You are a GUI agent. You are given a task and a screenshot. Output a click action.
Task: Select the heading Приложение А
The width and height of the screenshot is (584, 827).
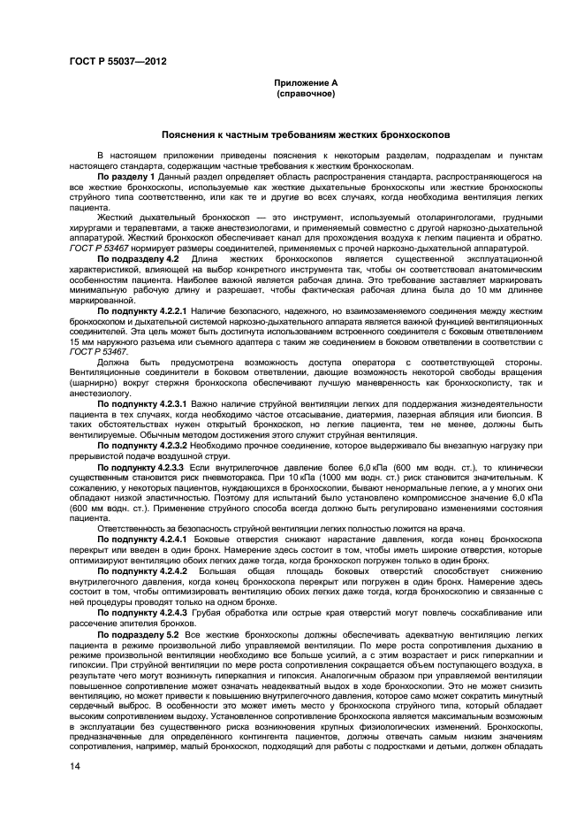[306, 82]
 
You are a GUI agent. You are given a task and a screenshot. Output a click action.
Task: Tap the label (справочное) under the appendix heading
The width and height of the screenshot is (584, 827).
[306, 92]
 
